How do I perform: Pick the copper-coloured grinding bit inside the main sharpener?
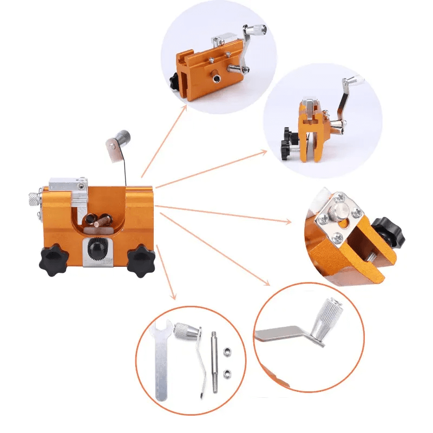(x=97, y=219)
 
